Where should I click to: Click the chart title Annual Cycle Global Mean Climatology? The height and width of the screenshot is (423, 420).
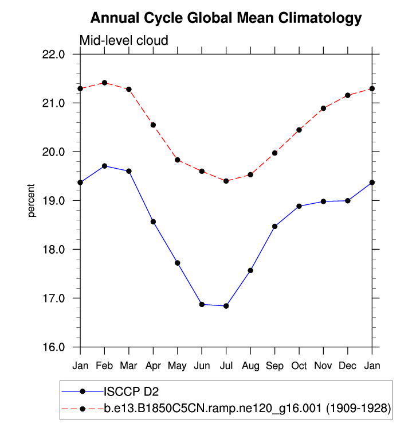pyautogui.click(x=226, y=18)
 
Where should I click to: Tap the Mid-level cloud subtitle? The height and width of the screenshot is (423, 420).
pyautogui.click(x=123, y=41)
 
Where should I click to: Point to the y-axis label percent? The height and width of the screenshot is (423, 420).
pyautogui.click(x=32, y=201)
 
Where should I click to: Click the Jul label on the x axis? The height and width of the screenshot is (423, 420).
pyautogui.click(x=226, y=365)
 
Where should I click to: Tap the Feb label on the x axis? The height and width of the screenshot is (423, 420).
pyautogui.click(x=104, y=365)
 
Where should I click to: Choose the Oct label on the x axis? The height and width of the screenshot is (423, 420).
pyautogui.click(x=299, y=365)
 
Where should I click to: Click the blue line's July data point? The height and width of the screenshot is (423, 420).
pyautogui.click(x=226, y=306)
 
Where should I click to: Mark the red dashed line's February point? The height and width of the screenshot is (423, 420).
pyautogui.click(x=104, y=83)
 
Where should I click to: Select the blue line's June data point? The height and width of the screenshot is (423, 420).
pyautogui.click(x=202, y=304)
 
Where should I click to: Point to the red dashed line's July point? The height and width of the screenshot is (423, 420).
pyautogui.click(x=226, y=181)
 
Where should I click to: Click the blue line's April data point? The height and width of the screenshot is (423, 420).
pyautogui.click(x=153, y=222)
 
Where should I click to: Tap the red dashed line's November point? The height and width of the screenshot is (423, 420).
pyautogui.click(x=323, y=108)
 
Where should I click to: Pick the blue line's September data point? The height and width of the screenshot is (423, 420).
pyautogui.click(x=274, y=226)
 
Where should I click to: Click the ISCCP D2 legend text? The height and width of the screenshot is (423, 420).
pyautogui.click(x=131, y=392)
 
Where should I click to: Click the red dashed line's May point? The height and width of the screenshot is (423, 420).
pyautogui.click(x=178, y=160)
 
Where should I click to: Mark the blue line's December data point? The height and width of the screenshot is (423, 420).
pyautogui.click(x=348, y=201)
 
